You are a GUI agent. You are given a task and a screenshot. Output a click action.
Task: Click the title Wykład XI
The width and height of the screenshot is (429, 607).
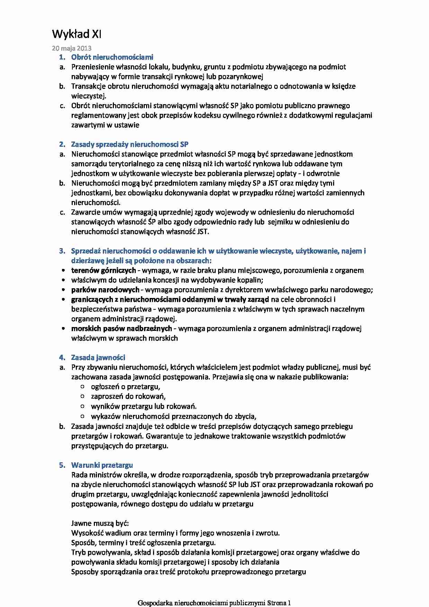click(x=77, y=34)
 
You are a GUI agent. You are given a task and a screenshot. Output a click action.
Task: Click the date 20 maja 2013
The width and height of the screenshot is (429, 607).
click(x=72, y=48)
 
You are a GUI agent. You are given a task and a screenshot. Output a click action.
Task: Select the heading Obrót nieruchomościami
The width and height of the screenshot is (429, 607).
click(x=112, y=57)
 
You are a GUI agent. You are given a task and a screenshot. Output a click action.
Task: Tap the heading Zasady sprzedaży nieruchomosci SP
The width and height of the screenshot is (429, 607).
click(x=129, y=144)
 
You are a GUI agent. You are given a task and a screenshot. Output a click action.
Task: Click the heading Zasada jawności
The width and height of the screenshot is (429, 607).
click(x=98, y=357)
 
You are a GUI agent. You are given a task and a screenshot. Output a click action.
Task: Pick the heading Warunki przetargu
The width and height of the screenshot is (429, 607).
click(x=102, y=465)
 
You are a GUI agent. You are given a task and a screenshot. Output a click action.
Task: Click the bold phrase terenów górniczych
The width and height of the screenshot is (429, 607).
click(x=104, y=270)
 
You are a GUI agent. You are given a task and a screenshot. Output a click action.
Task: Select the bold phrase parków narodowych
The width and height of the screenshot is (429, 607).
click(x=105, y=290)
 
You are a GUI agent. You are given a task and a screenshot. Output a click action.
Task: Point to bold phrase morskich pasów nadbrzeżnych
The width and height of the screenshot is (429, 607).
click(x=122, y=328)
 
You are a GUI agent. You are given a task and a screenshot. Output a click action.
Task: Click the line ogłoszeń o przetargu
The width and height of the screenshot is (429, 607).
click(x=125, y=387)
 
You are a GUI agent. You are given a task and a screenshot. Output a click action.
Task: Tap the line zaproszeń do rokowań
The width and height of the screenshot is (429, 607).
click(x=128, y=396)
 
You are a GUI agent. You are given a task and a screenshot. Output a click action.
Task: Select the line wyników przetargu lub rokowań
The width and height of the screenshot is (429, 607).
click(x=144, y=406)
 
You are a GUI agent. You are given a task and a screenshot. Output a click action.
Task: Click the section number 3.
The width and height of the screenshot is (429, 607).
click(x=62, y=251)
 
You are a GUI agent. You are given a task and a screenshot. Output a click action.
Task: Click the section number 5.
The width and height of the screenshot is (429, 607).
click(x=62, y=465)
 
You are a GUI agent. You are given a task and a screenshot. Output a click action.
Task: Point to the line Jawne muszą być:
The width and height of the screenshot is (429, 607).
click(x=100, y=523)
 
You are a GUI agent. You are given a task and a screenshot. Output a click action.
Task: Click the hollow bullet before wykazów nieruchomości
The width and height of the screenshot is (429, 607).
click(x=82, y=416)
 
